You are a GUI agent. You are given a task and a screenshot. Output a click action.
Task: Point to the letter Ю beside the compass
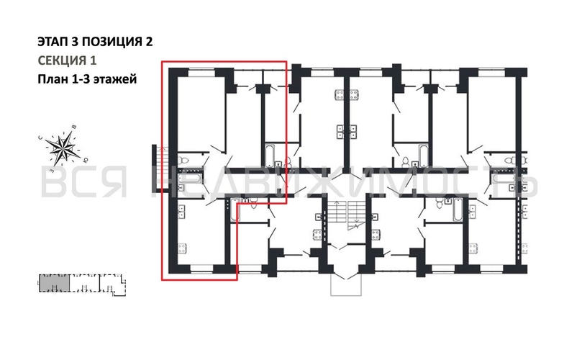tap(86, 159)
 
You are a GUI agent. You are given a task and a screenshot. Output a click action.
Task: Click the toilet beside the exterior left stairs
tap(183, 159)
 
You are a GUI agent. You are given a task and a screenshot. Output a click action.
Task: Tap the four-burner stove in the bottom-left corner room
tap(181, 211)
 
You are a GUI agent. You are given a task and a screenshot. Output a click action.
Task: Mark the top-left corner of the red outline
tap(162, 63)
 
